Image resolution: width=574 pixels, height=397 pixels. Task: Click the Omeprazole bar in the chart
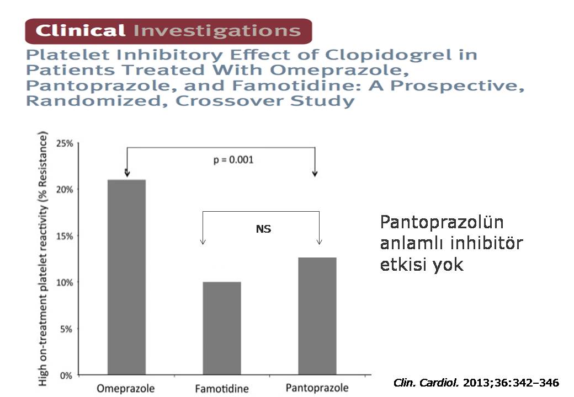coord(126,277)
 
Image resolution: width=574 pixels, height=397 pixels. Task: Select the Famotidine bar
coord(222,329)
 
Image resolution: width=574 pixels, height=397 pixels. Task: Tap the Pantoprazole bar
coord(317,316)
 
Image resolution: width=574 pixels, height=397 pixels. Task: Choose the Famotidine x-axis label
coord(221,389)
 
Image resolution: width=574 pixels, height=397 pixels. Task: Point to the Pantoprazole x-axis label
coord(317,388)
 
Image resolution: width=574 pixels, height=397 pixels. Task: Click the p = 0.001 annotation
coord(233,160)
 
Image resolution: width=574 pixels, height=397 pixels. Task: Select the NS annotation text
coord(263,229)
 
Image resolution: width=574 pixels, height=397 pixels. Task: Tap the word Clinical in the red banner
coord(80,30)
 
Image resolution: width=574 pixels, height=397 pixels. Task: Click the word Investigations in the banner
coord(217,30)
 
